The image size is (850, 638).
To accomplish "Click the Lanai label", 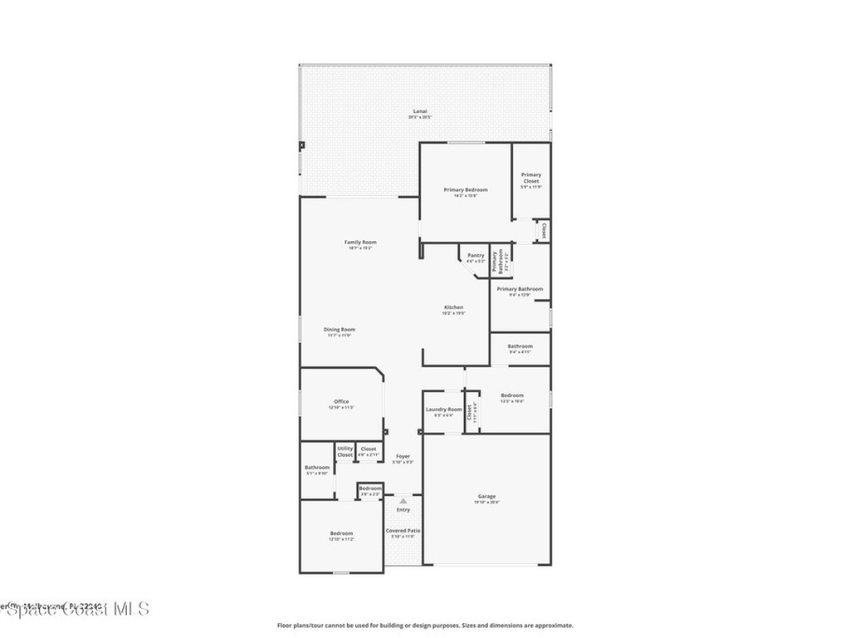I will tap(421, 111).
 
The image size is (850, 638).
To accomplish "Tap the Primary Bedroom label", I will tap(465, 190).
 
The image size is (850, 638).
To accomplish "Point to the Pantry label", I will tap(476, 256).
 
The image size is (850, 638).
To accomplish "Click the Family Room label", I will tap(360, 243).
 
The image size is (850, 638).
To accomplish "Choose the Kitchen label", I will tap(453, 307).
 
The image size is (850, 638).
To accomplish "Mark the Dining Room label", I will tap(340, 330).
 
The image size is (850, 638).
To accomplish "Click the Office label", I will tap(341, 402).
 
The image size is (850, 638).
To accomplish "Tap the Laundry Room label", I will tap(443, 410).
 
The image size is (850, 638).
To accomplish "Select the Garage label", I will tap(486, 497).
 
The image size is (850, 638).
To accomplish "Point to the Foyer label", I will tap(403, 456).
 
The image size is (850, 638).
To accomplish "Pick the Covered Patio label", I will tap(403, 530).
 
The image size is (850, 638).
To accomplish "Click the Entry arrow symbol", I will tap(403, 501).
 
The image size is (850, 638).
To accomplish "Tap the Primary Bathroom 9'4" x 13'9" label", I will tap(520, 289).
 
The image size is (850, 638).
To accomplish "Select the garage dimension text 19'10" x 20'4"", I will tap(486, 503).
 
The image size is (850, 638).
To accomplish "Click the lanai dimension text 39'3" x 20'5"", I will tap(420, 117).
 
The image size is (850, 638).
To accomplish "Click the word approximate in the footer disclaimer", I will tap(553, 626).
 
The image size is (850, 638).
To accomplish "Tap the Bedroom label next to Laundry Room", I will tap(512, 395).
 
